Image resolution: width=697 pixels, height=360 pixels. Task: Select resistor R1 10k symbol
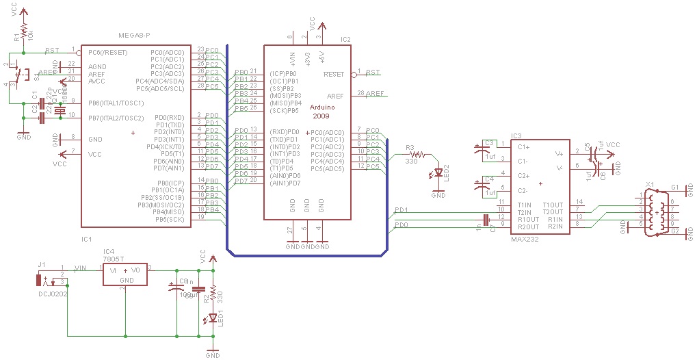24,32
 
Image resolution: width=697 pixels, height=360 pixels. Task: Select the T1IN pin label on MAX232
525,205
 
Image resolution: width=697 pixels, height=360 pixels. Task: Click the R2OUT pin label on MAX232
529,227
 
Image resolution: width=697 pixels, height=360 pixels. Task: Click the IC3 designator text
516,137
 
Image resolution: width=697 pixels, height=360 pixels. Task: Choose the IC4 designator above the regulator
109,252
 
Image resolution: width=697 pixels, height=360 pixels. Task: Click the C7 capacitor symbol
486,220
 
